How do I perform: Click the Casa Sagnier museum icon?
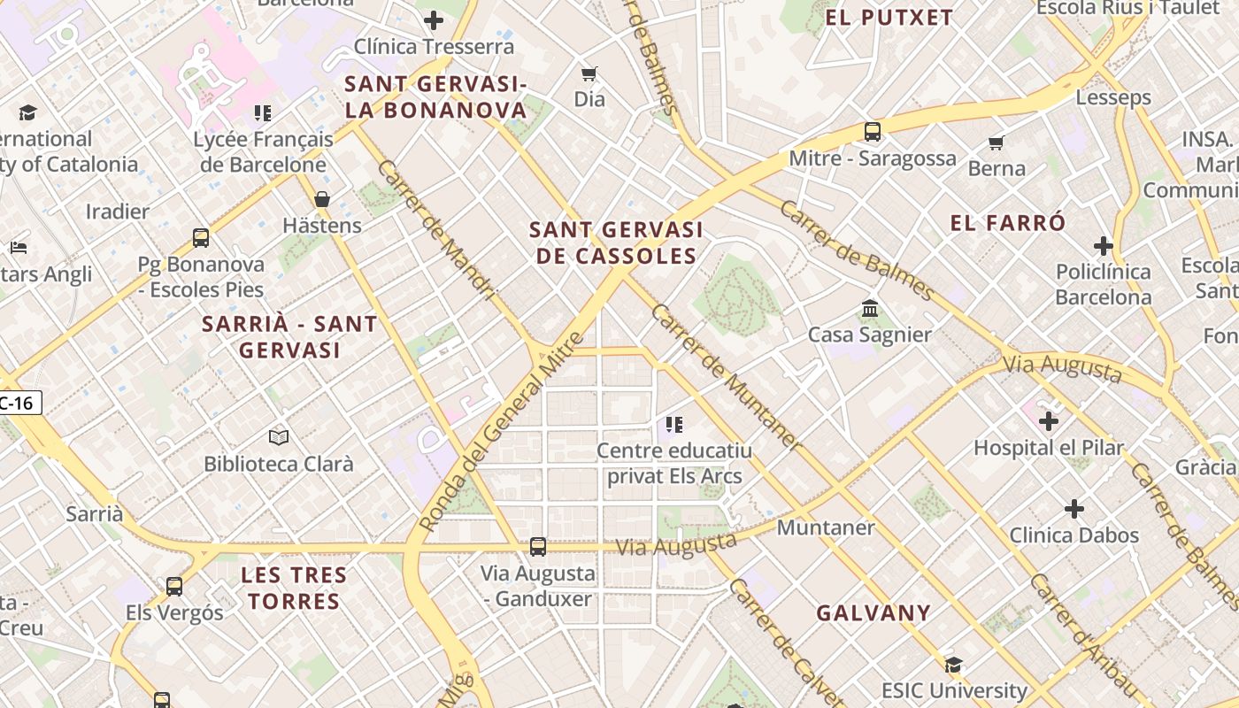tap(869, 310)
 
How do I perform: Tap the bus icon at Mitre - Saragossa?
tap(873, 132)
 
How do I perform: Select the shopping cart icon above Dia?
tap(589, 73)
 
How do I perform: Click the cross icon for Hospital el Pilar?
tap(1049, 421)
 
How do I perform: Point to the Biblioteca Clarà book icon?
tap(279, 437)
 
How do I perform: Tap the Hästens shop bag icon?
tap(322, 199)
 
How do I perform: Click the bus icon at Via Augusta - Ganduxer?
tap(538, 547)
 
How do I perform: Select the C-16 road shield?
tap(17, 404)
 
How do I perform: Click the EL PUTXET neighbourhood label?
tap(889, 18)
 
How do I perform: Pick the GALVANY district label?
tap(873, 612)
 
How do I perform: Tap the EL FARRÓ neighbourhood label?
tap(1008, 223)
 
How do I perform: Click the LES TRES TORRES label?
tap(294, 588)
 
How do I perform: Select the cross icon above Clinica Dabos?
tap(1074, 509)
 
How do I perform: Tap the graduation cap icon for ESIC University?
tap(953, 665)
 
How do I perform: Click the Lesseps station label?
tap(1113, 97)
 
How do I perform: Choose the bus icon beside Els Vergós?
tap(174, 586)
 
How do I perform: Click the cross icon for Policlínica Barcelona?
tap(1103, 245)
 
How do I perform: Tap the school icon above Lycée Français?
tap(263, 113)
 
